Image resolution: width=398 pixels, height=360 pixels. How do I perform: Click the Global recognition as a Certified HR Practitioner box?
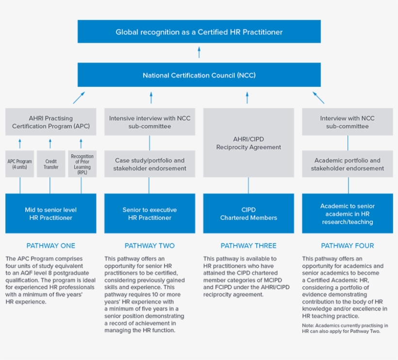[x=199, y=32]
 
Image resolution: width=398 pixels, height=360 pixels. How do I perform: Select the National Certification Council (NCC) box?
[x=199, y=75]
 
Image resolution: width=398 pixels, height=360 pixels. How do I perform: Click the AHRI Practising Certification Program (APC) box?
[x=51, y=122]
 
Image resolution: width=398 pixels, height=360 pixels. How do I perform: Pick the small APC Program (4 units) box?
[x=20, y=164]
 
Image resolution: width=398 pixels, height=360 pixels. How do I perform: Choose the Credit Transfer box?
[x=51, y=164]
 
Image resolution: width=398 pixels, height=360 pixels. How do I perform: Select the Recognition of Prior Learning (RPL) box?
[x=82, y=164]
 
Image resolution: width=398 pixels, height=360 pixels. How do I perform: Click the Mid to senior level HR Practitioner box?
[x=51, y=213]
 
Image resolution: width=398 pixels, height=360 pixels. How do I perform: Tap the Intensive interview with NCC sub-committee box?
[x=149, y=122]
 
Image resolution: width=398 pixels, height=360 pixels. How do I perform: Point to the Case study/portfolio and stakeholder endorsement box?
[x=149, y=164]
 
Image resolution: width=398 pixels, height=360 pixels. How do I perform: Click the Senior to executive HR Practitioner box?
[x=149, y=213]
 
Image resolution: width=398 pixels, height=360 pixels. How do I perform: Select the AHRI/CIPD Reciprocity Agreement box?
[x=249, y=143]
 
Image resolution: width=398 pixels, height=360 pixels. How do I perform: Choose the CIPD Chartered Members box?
[x=249, y=213]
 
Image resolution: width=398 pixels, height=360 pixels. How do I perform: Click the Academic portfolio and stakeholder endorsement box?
[x=348, y=164]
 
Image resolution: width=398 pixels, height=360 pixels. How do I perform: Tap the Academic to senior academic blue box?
[x=348, y=213]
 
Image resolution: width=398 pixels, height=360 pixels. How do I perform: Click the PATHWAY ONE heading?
[x=51, y=245]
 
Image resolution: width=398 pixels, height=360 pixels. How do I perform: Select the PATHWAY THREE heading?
[x=249, y=245]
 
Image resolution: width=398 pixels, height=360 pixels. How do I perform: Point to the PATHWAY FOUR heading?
[x=348, y=245]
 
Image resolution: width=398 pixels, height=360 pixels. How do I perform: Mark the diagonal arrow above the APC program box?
[x=79, y=98]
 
